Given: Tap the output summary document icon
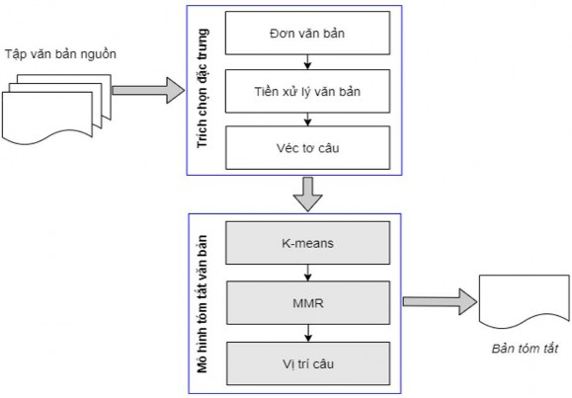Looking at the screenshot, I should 520,300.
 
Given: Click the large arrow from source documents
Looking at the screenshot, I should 148,91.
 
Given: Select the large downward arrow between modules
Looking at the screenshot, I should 308,194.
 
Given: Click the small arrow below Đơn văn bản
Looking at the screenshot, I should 308,63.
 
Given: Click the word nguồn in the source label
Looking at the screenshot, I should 99,53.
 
